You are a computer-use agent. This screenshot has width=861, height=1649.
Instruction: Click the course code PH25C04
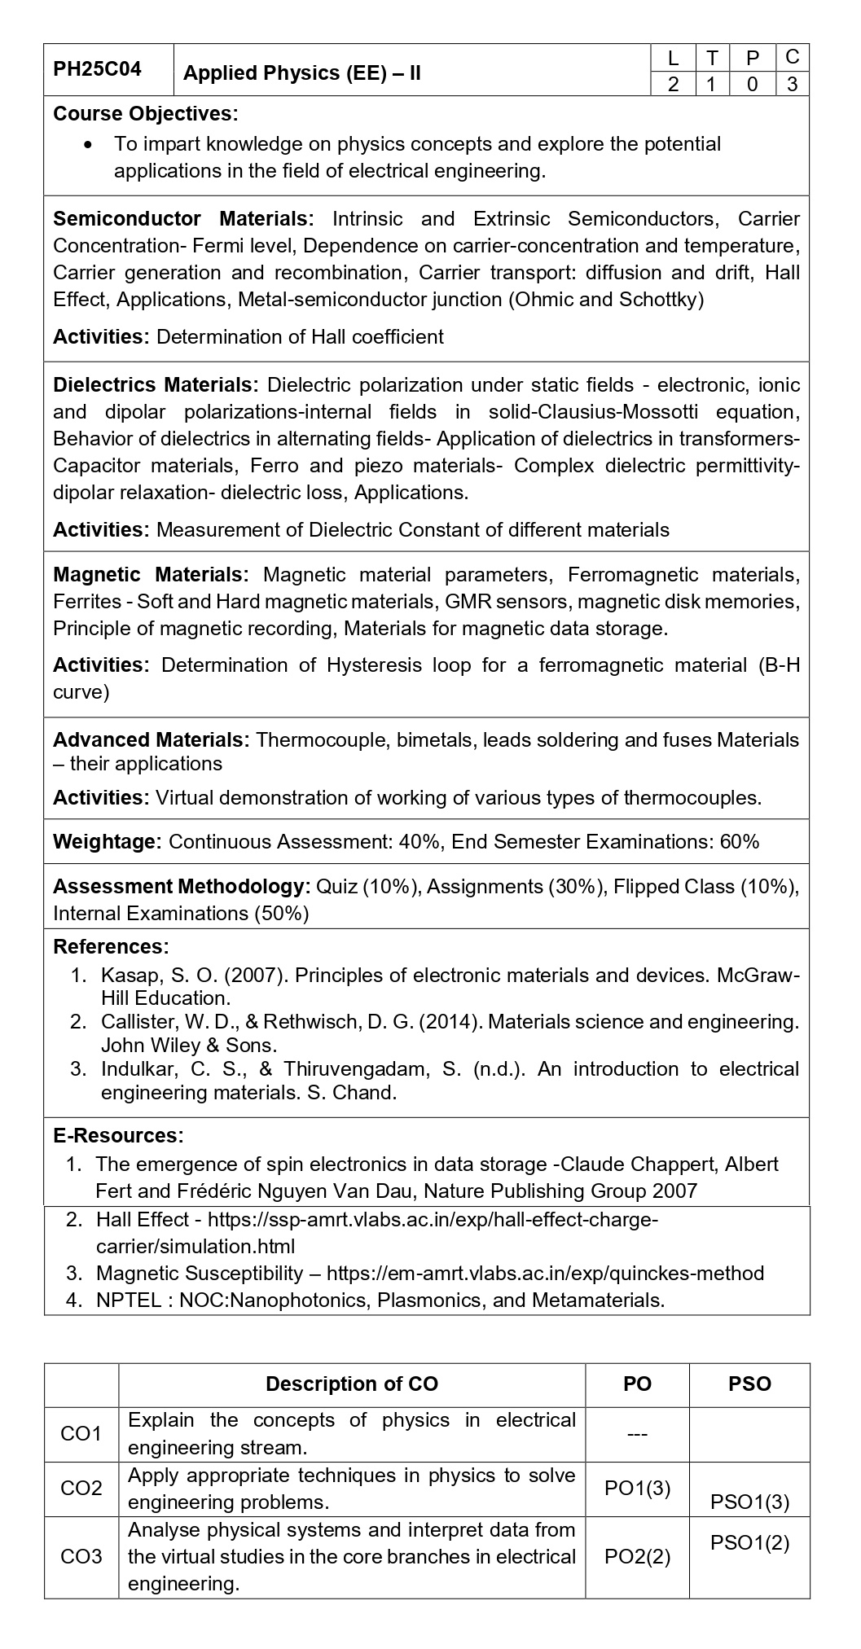pyautogui.click(x=97, y=69)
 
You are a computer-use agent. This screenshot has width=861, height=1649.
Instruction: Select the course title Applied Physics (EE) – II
pyautogui.click(x=301, y=73)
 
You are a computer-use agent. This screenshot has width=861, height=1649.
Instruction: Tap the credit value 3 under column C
pyautogui.click(x=792, y=84)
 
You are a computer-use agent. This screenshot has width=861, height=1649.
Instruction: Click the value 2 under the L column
pyautogui.click(x=673, y=84)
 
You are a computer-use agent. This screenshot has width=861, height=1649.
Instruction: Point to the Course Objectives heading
pyautogui.click(x=146, y=113)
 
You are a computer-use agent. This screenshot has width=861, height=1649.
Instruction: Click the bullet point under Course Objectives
pyautogui.click(x=89, y=144)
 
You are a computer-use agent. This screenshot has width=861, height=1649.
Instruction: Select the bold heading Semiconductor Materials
pyautogui.click(x=183, y=219)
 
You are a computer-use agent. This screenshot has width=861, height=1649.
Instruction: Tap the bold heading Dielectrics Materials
pyautogui.click(x=156, y=385)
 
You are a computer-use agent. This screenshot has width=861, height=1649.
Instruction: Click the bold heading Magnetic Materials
pyautogui.click(x=151, y=575)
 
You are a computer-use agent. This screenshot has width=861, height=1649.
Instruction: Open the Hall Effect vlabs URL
pyautogui.click(x=433, y=1220)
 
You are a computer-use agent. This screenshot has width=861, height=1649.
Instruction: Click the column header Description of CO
pyautogui.click(x=352, y=1384)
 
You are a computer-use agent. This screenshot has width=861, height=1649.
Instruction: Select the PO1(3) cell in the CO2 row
pyautogui.click(x=637, y=1489)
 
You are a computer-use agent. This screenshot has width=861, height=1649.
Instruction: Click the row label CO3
pyautogui.click(x=81, y=1557)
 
